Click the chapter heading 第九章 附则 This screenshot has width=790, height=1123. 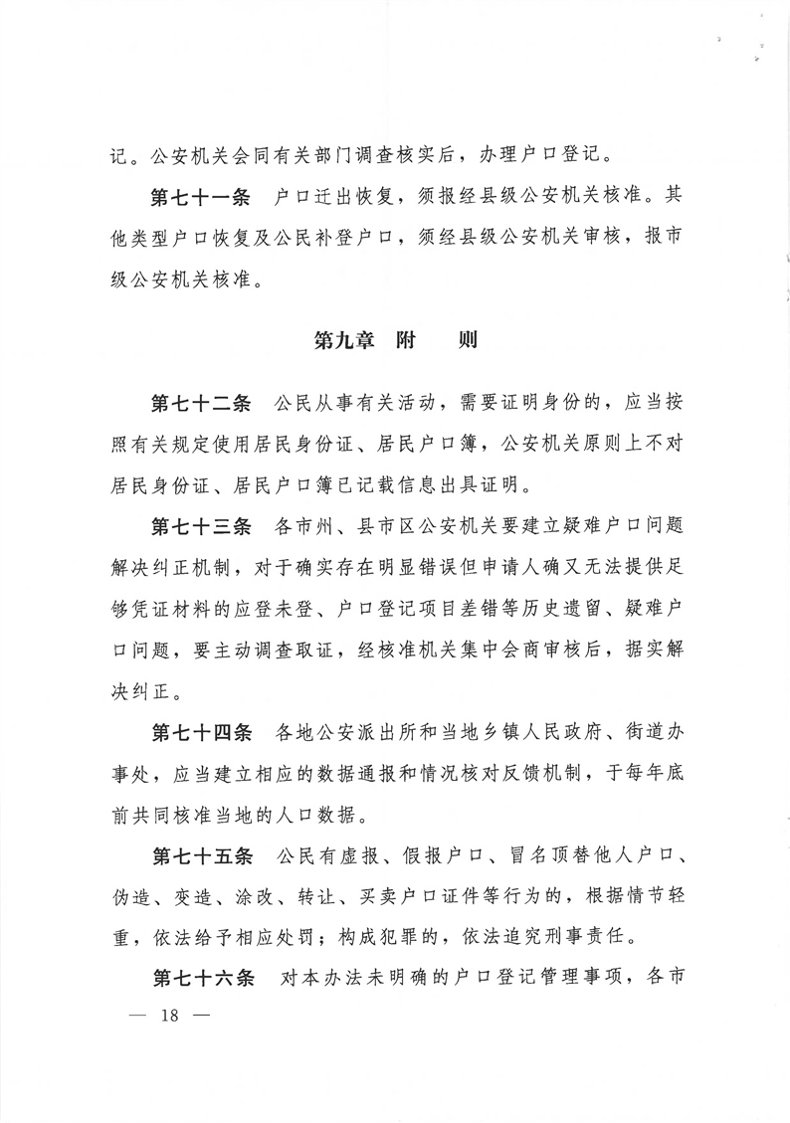[x=396, y=340]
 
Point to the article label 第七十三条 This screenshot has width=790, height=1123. [x=200, y=525]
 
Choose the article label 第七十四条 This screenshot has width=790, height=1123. [x=200, y=733]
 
